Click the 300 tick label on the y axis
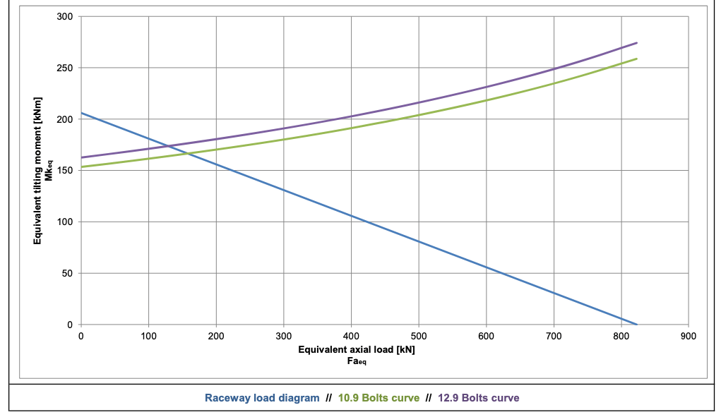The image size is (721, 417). [65, 17]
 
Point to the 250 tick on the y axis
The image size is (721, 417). [65, 68]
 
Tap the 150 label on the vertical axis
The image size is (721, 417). [65, 170]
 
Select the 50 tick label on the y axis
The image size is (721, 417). [68, 273]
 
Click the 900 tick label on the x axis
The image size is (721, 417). [689, 336]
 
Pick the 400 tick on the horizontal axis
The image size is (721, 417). [351, 336]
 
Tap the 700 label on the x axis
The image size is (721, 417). [554, 336]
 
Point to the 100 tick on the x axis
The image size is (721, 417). [148, 336]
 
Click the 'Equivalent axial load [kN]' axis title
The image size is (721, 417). [357, 349]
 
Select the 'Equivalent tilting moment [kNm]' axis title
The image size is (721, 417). [37, 170]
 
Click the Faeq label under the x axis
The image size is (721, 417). [357, 361]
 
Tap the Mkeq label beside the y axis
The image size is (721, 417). [49, 170]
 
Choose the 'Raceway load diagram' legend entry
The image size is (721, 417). [262, 398]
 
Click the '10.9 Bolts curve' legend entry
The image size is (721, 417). [379, 398]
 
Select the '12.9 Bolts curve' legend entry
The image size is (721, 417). [479, 398]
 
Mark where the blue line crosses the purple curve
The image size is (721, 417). [168, 147]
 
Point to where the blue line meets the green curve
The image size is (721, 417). [187, 153]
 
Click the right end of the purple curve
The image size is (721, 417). [637, 43]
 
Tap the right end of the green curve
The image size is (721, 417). [637, 59]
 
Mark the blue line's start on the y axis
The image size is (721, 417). [81, 113]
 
